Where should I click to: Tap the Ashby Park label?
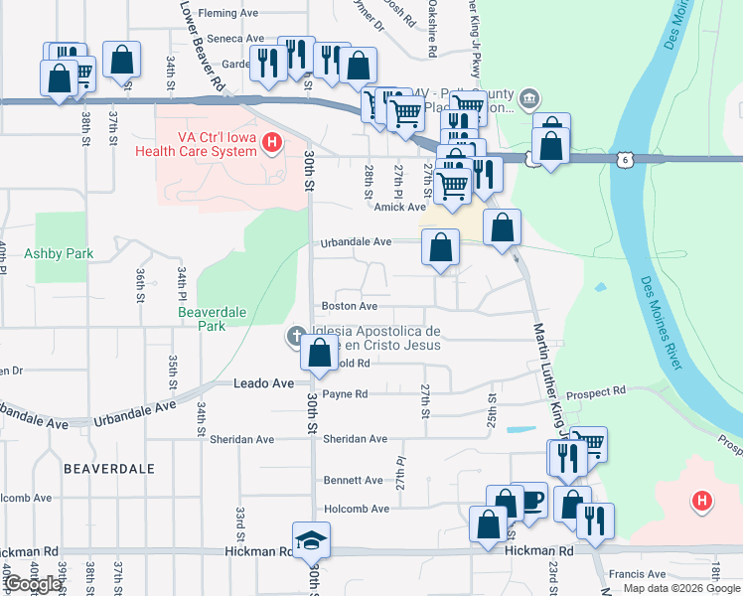pyautogui.click(x=59, y=253)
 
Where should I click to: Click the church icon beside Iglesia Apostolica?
pyautogui.click(x=295, y=336)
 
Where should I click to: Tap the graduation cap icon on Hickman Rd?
pyautogui.click(x=311, y=539)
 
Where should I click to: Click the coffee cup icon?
pyautogui.click(x=530, y=499)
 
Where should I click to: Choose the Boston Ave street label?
pyautogui.click(x=349, y=306)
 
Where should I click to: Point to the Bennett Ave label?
pyautogui.click(x=353, y=480)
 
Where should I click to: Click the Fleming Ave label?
pyautogui.click(x=227, y=13)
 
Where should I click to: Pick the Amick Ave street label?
pyautogui.click(x=400, y=207)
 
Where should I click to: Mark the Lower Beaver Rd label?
pyautogui.click(x=205, y=45)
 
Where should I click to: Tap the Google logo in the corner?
pyautogui.click(x=33, y=583)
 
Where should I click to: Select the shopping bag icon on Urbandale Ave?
pyautogui.click(x=440, y=247)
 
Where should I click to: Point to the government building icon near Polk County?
pyautogui.click(x=528, y=98)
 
